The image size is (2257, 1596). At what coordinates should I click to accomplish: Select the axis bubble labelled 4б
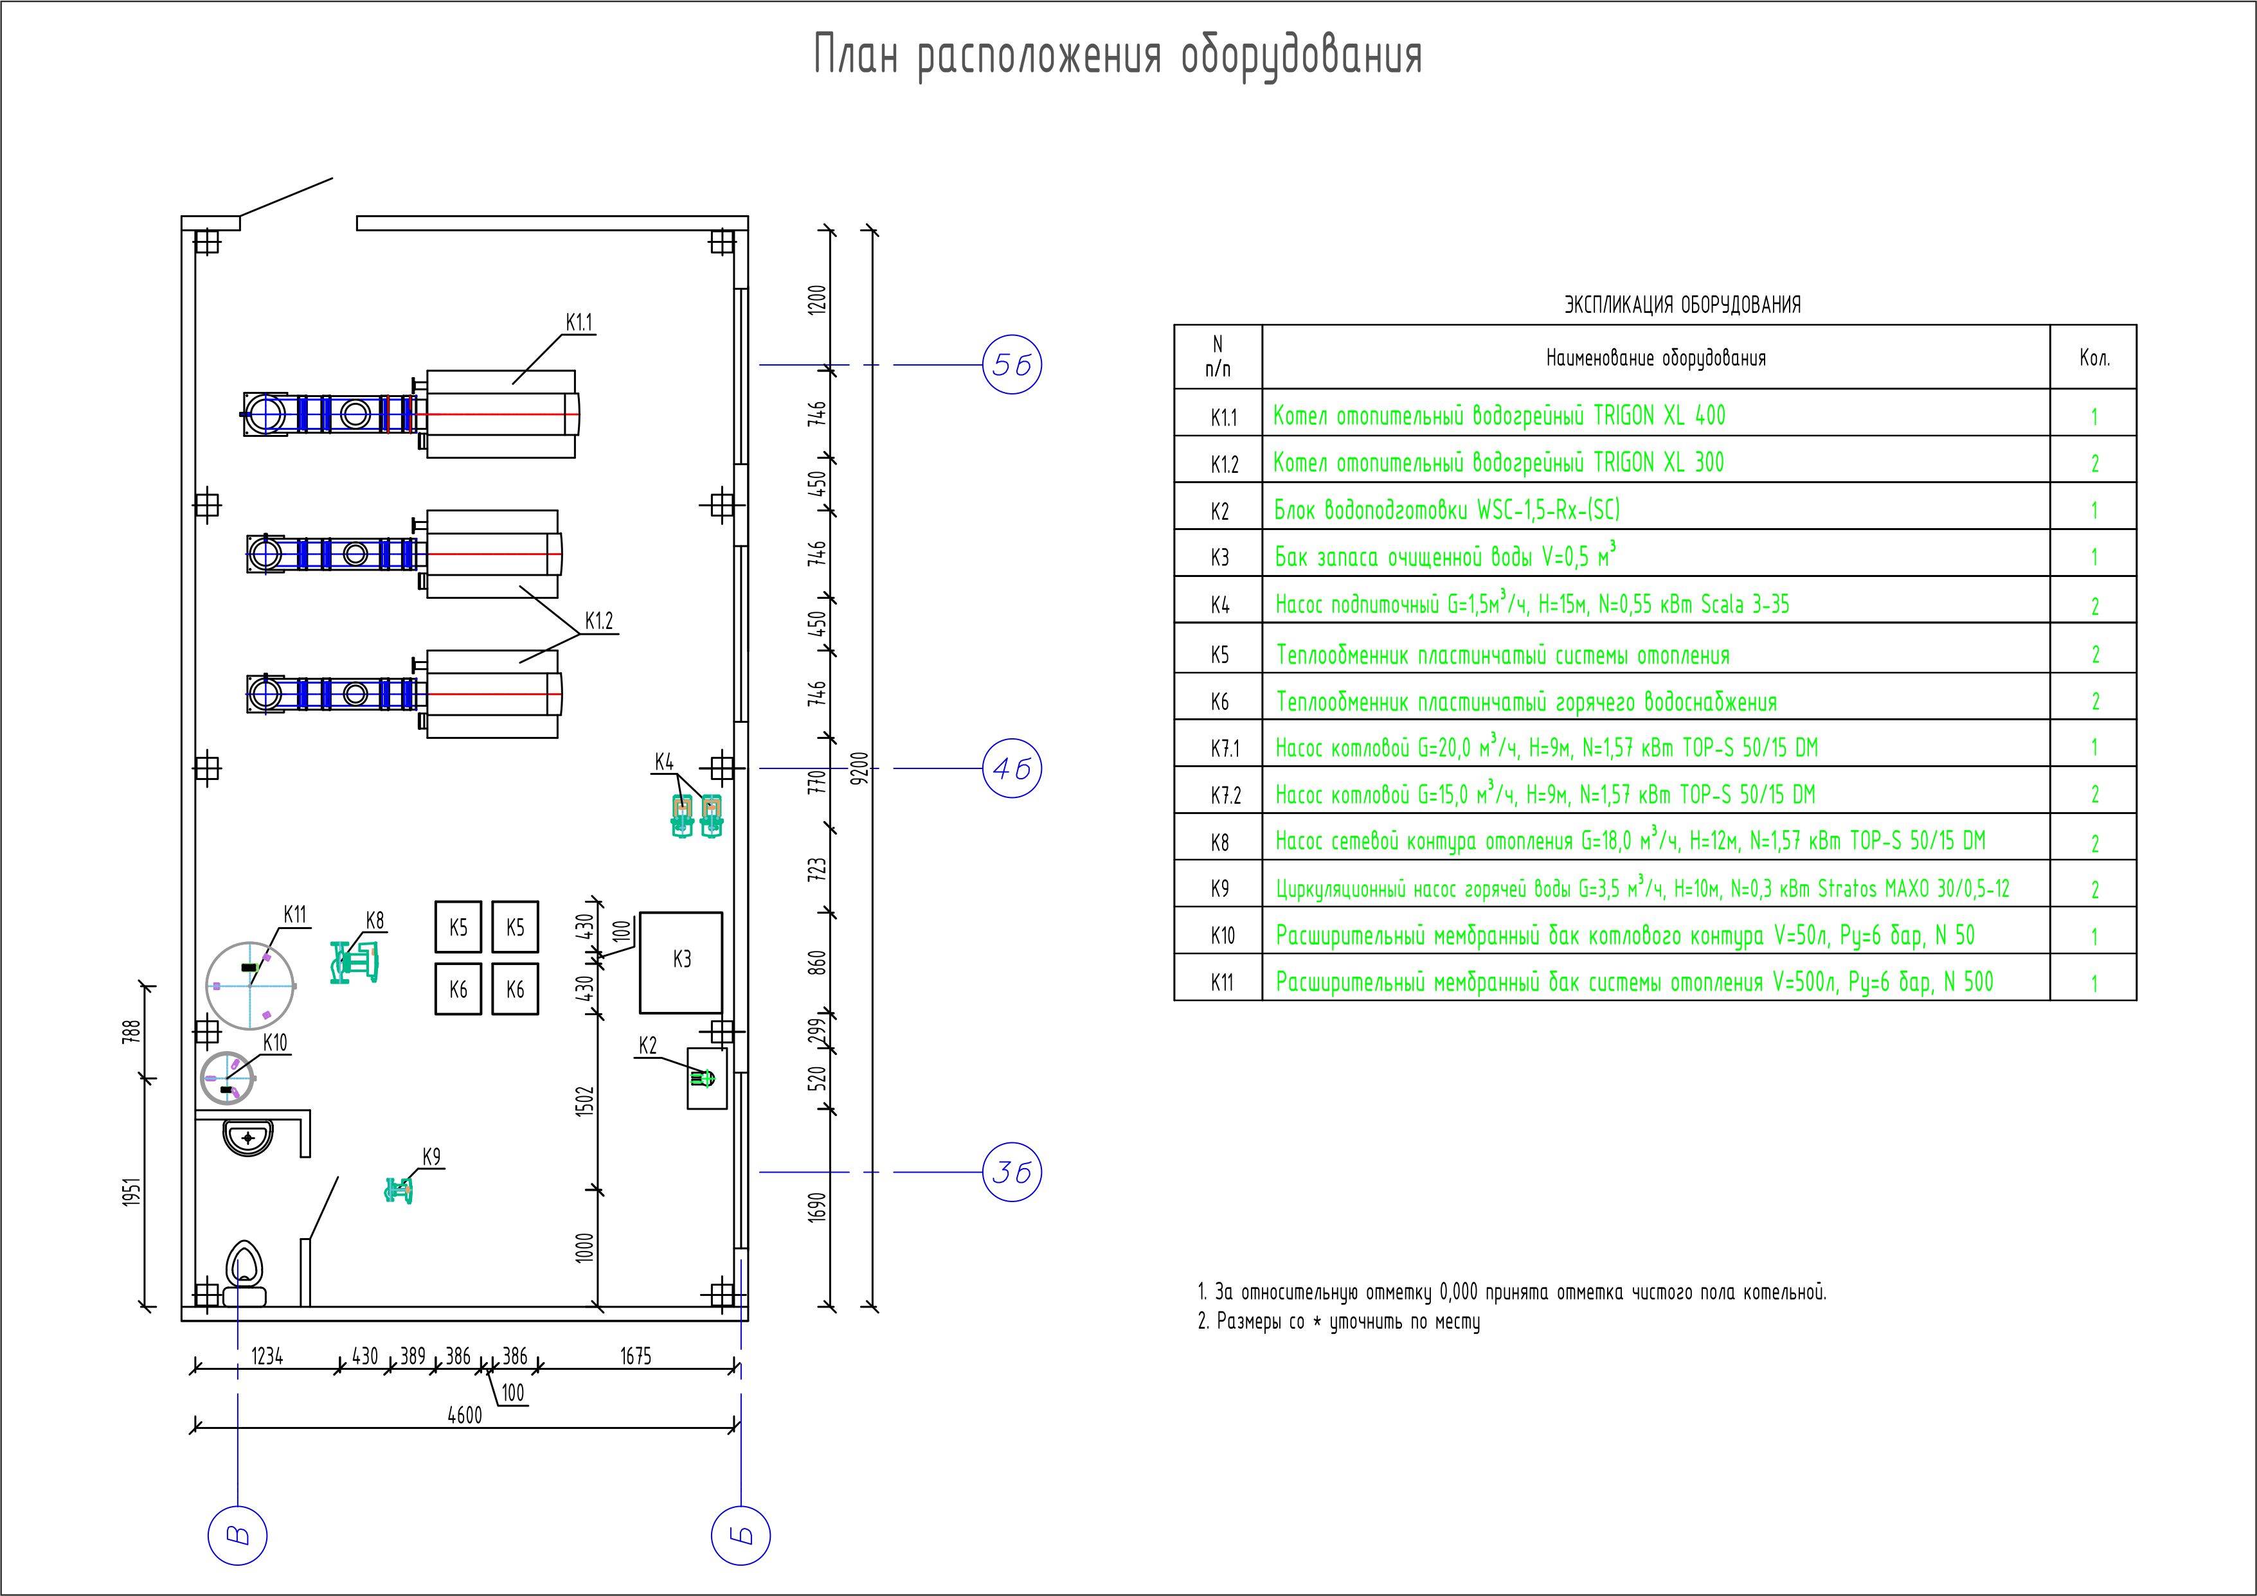(1012, 768)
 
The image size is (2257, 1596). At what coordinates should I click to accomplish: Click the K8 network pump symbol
(355, 962)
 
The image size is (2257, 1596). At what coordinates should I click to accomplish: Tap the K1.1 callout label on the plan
(579, 323)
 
